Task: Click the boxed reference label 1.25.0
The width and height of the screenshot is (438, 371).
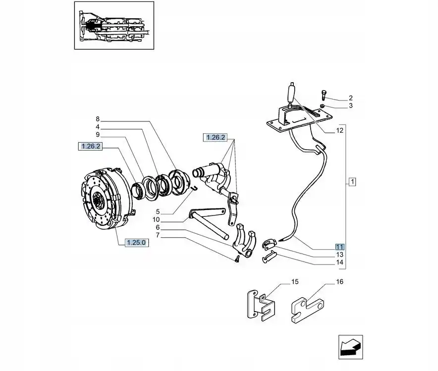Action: pos(136,243)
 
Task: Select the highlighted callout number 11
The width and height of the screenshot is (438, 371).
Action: pos(340,247)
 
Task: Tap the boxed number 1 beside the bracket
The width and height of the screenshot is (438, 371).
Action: pos(352,182)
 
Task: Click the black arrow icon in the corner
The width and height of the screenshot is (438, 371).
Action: pos(351,347)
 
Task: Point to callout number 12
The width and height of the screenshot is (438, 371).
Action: pos(340,130)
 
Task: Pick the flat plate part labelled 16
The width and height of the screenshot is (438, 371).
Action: pos(307,310)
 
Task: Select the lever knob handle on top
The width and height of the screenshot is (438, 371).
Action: pos(291,94)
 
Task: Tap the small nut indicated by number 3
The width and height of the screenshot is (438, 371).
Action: pos(322,106)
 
